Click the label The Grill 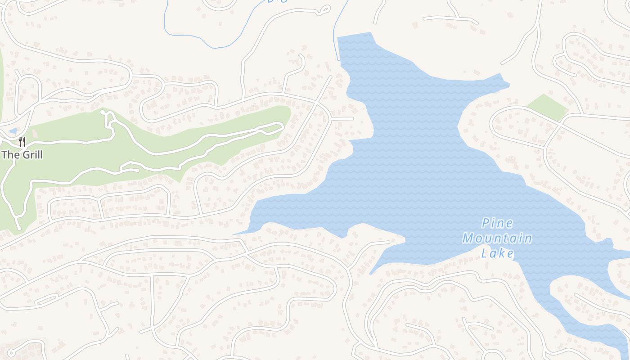[x=22, y=155]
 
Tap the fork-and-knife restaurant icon [x=22, y=142]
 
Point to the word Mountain [x=497, y=238]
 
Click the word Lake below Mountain [x=497, y=253]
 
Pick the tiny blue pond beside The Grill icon [x=13, y=131]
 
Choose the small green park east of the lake [x=547, y=108]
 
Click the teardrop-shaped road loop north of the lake [x=324, y=10]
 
